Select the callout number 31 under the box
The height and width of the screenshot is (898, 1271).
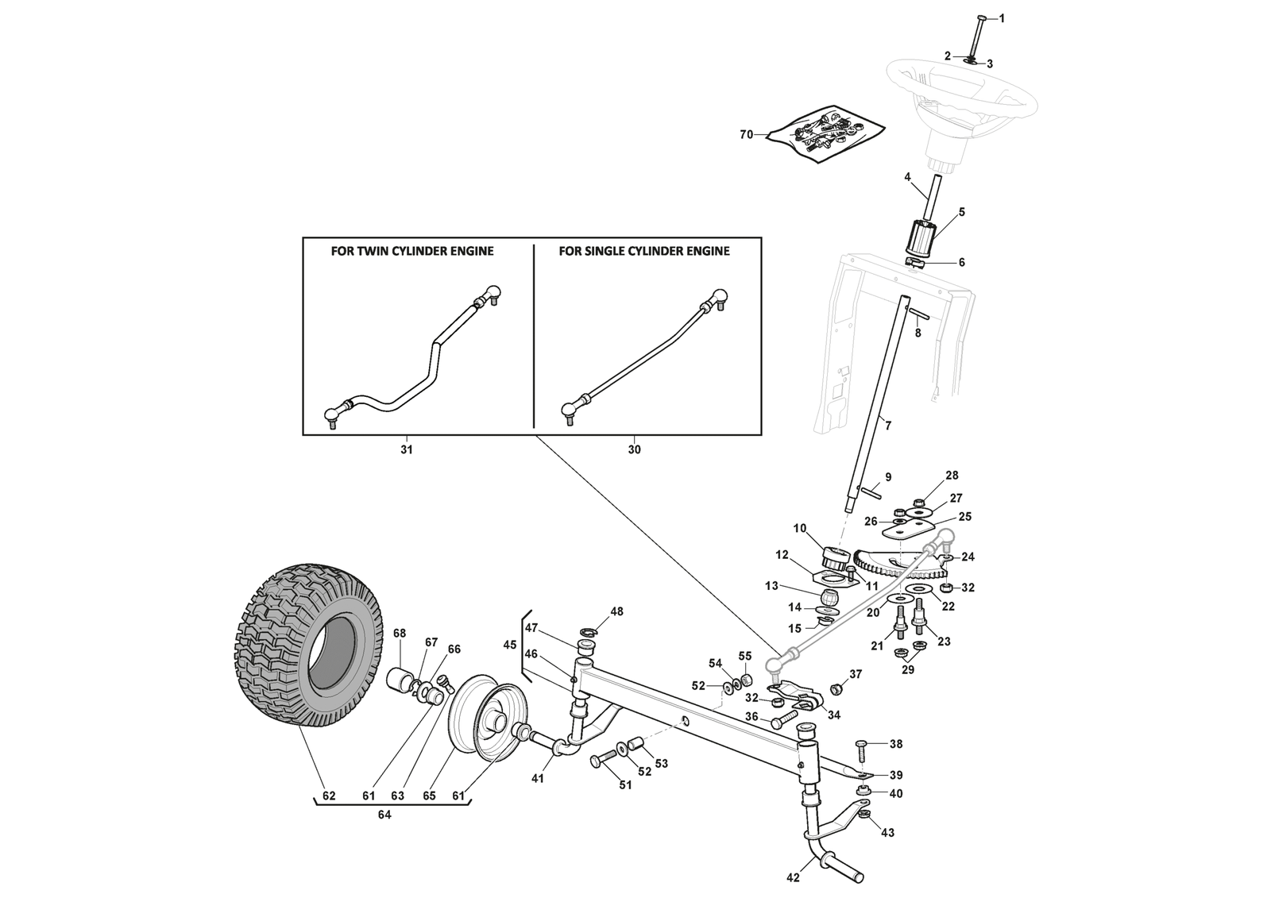(x=406, y=450)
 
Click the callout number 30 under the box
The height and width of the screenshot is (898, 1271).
(x=634, y=450)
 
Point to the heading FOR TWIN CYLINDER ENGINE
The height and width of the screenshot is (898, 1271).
(x=411, y=251)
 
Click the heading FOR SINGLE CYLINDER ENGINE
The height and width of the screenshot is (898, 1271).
(x=643, y=251)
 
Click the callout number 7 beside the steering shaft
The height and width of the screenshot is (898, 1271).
(x=887, y=426)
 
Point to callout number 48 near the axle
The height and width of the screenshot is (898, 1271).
(x=616, y=611)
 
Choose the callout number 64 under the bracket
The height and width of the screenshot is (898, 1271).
(x=384, y=814)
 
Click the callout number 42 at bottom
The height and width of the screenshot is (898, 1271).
(x=792, y=877)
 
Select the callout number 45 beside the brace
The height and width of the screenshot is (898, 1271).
(x=509, y=645)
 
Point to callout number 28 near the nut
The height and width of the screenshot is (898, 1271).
(x=952, y=476)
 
